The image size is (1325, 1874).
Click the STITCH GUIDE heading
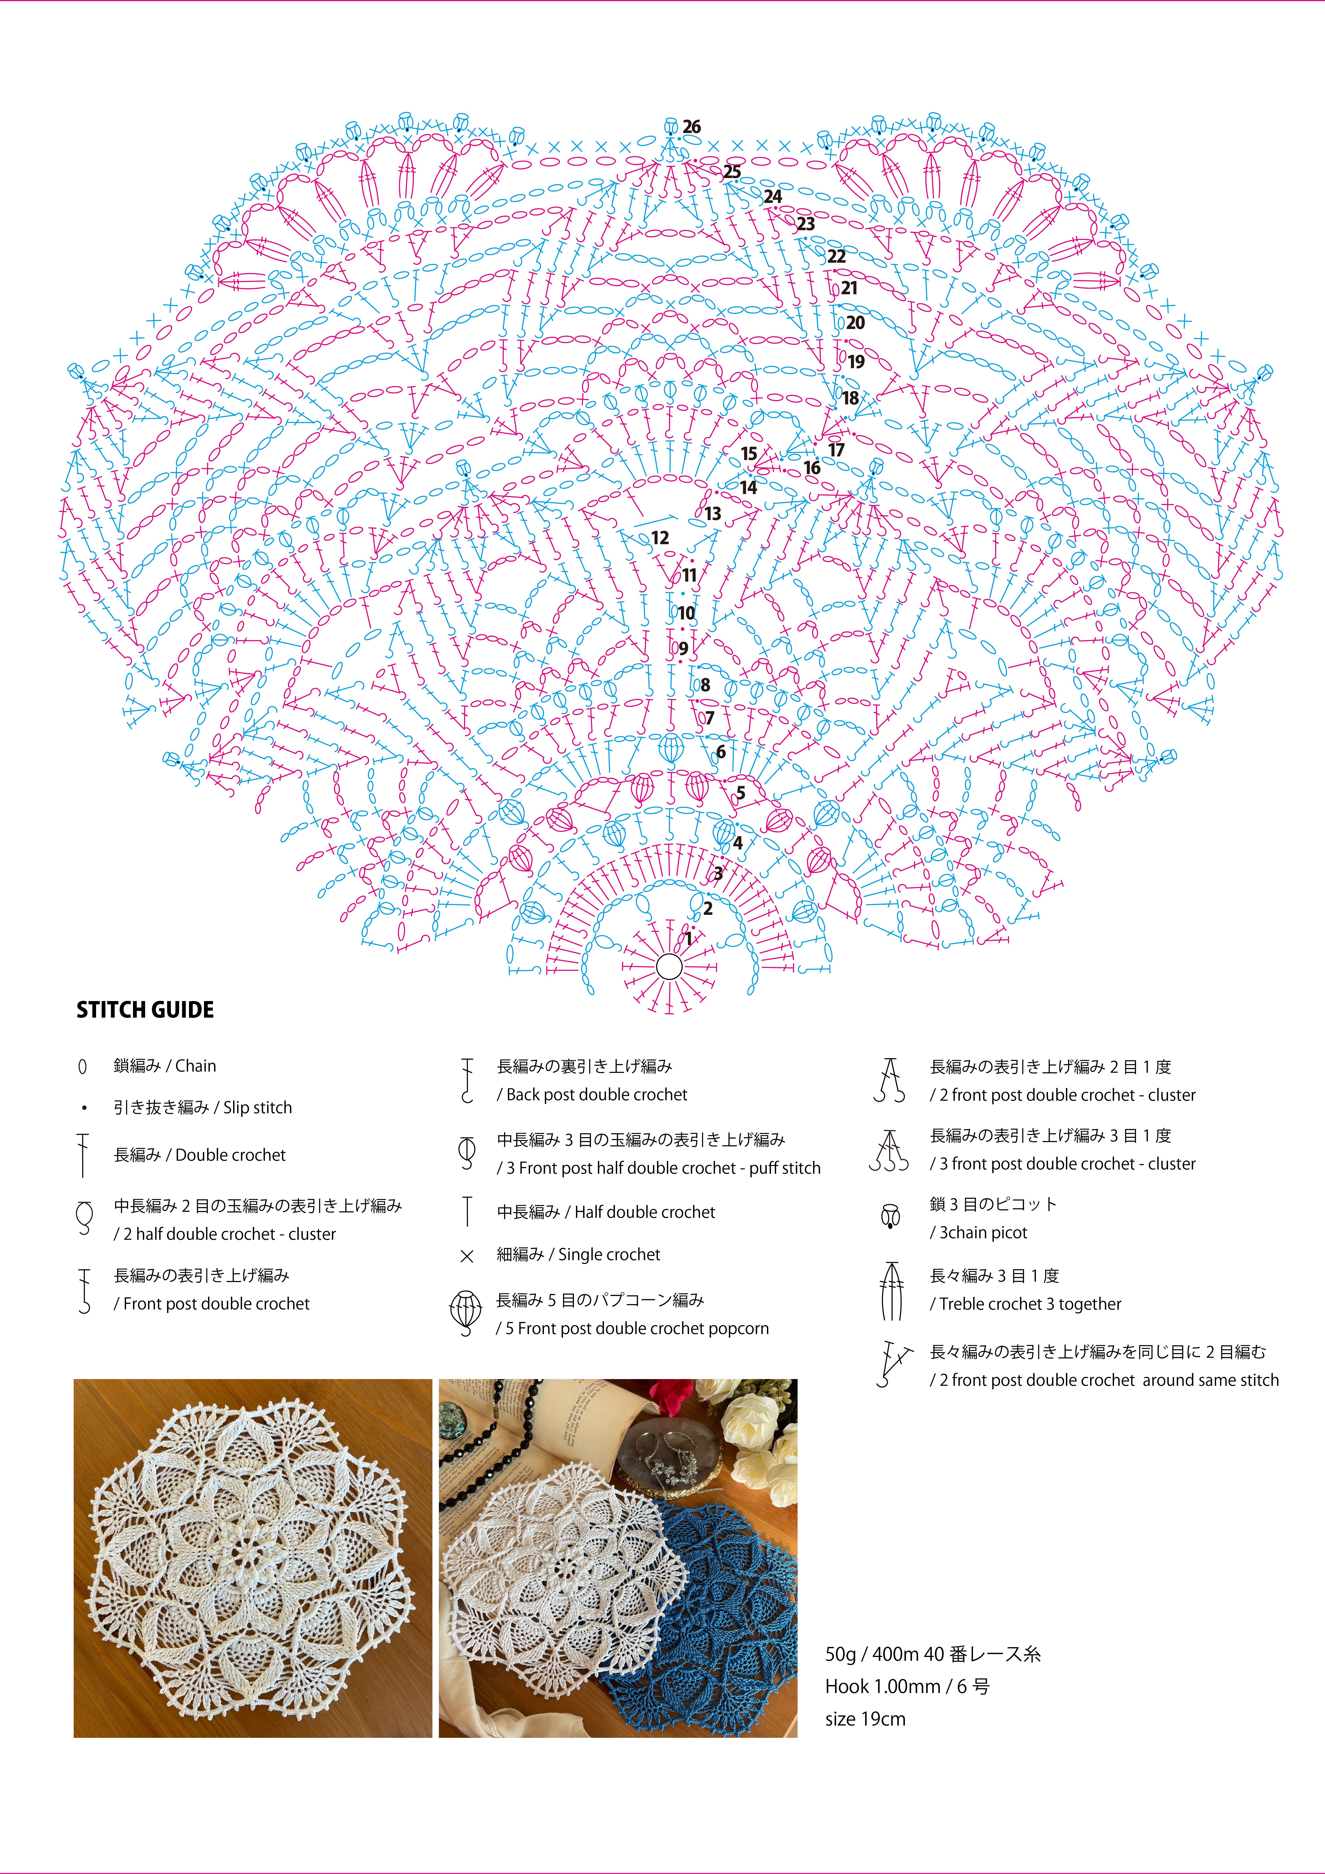pos(145,1010)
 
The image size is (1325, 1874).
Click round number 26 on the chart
pos(691,127)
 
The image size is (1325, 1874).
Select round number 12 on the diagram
pos(660,538)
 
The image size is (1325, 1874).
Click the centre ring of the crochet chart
pos(669,967)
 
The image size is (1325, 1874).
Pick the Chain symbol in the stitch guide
pos(82,1067)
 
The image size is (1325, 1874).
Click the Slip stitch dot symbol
pos(83,1108)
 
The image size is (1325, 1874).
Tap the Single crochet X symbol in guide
pos(467,1256)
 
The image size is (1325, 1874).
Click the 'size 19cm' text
pos(865,1719)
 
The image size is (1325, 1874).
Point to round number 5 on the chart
pos(741,793)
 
